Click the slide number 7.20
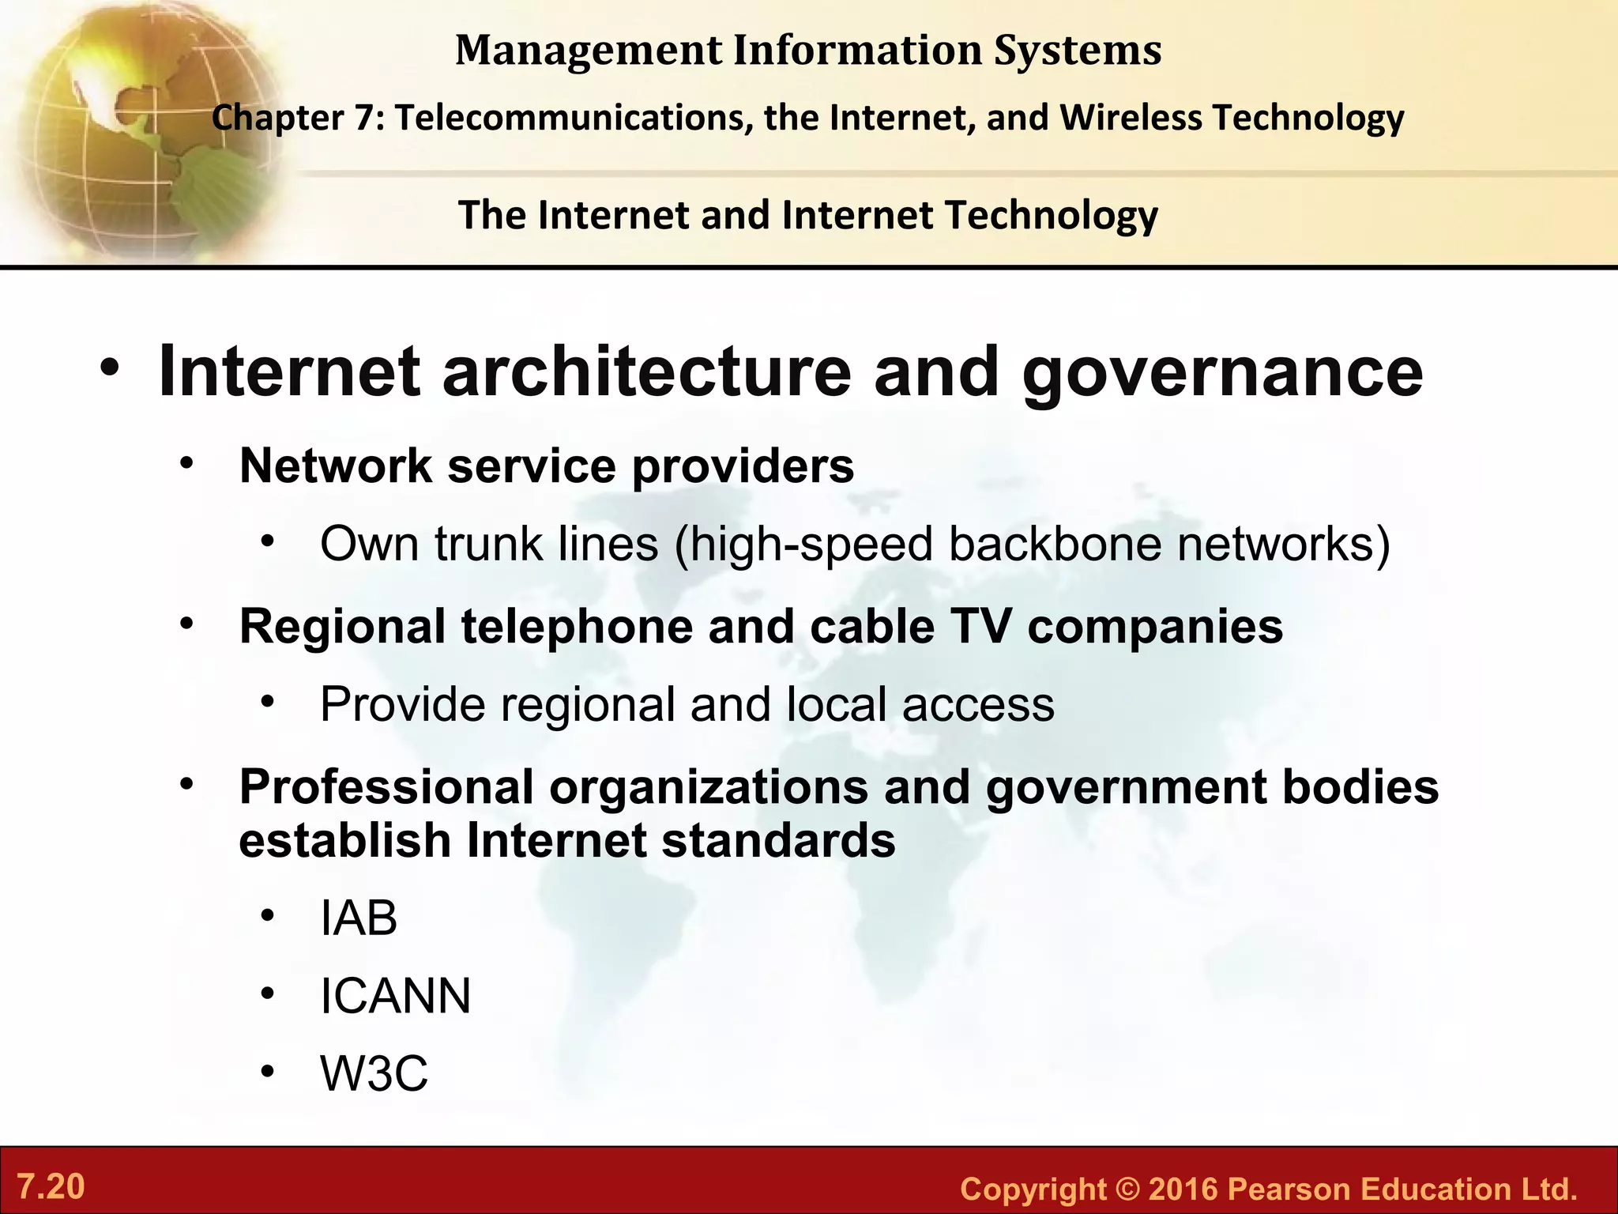pyautogui.click(x=51, y=1187)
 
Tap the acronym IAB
pyautogui.click(x=359, y=918)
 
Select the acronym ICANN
pyautogui.click(x=395, y=996)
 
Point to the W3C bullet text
pyautogui.click(x=374, y=1073)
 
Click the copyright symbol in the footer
pyautogui.click(x=1128, y=1189)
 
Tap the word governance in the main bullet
pyautogui.click(x=1222, y=373)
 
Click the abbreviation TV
pyautogui.click(x=980, y=627)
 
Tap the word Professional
pyautogui.click(x=386, y=787)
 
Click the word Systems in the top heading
pyautogui.click(x=1078, y=51)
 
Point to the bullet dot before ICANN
pyautogui.click(x=269, y=993)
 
